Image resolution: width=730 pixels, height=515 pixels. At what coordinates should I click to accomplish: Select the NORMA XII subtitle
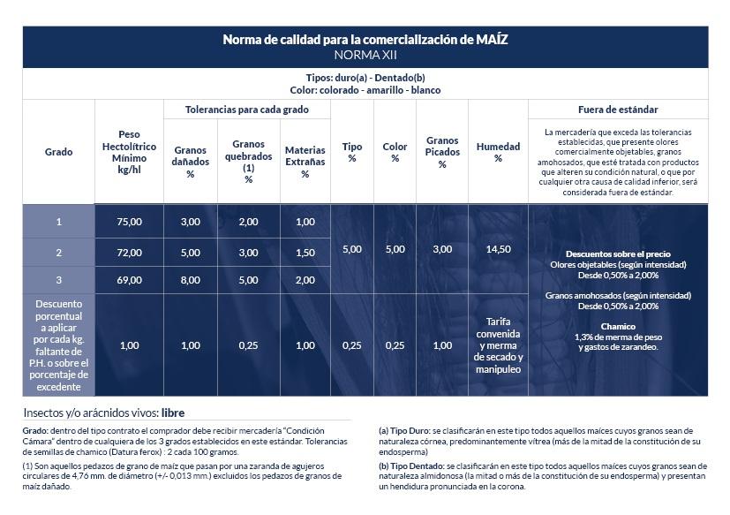[x=365, y=55]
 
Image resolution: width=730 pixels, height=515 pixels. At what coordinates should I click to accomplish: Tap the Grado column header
[x=58, y=152]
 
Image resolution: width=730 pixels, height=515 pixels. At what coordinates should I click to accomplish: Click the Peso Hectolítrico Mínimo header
[x=129, y=152]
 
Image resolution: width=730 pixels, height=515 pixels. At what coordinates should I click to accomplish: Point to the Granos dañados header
[x=191, y=162]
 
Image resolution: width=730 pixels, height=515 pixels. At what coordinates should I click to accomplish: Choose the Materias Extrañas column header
[x=305, y=162]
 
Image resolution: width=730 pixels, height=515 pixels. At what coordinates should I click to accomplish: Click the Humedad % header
[x=498, y=152]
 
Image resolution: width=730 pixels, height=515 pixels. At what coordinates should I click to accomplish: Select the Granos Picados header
[x=442, y=152]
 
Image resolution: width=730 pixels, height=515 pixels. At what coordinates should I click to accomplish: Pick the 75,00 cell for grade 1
[x=129, y=222]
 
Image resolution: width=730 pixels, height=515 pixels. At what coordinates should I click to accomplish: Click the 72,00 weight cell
[x=129, y=253]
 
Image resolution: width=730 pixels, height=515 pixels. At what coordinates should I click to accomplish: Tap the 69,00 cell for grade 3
[x=129, y=280]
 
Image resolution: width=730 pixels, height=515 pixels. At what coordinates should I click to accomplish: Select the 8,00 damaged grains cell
[x=191, y=280]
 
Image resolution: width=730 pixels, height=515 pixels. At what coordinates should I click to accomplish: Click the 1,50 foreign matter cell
[x=305, y=253]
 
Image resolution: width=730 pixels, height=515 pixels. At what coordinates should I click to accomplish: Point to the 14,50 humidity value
[x=498, y=249]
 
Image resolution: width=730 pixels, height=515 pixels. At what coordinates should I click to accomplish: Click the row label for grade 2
[x=58, y=253]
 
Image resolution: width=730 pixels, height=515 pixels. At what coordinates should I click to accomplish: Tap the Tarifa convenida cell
[x=498, y=345]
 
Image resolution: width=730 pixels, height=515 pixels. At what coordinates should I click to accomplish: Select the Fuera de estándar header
[x=618, y=109]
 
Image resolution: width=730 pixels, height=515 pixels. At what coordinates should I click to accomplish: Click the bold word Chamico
[x=618, y=326]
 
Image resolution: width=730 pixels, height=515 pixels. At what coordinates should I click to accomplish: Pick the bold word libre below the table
[x=173, y=413]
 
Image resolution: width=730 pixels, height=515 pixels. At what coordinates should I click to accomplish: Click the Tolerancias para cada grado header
[x=246, y=109]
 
